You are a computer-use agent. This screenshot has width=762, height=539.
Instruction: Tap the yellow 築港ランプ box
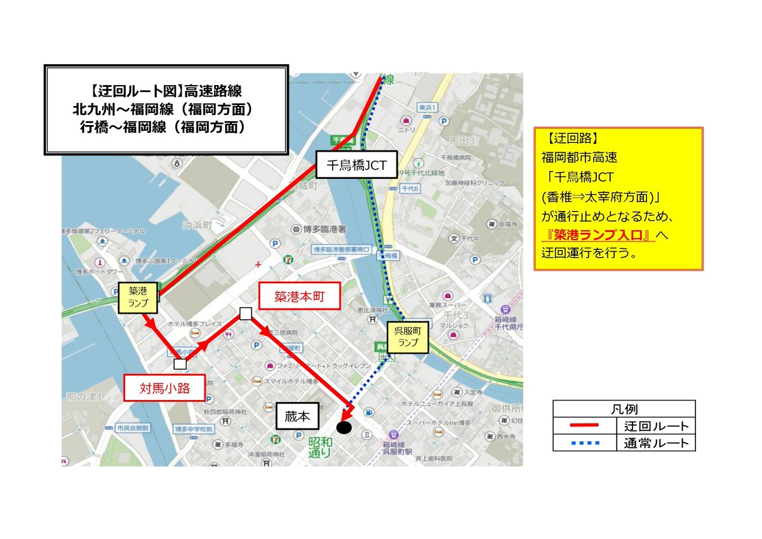click(138, 297)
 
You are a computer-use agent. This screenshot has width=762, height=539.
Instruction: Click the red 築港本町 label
click(298, 296)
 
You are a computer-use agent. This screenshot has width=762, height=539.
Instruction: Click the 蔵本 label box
click(297, 417)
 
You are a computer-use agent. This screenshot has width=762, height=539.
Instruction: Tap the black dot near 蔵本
click(344, 428)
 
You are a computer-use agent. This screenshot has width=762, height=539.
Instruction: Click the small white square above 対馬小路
click(180, 364)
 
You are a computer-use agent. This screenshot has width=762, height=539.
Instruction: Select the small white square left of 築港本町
click(246, 313)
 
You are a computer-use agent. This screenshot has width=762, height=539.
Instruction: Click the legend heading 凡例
click(624, 408)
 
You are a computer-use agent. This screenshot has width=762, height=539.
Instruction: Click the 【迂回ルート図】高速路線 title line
click(166, 91)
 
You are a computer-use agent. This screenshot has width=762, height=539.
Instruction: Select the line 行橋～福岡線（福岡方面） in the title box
click(166, 128)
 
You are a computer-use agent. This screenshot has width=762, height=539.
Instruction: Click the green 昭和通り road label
click(319, 447)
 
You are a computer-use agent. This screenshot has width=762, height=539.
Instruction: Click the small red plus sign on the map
click(258, 263)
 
